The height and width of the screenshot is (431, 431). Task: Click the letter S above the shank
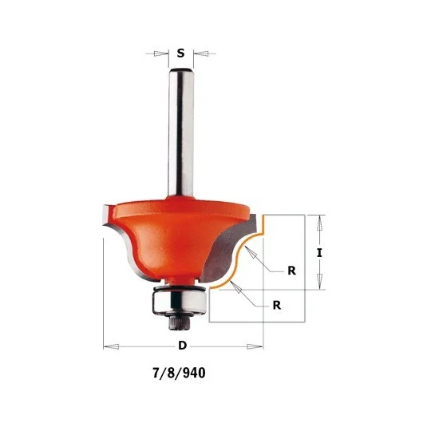tap(180, 53)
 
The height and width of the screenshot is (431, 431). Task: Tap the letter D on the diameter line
tap(183, 346)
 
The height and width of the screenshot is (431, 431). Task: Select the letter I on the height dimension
tap(319, 253)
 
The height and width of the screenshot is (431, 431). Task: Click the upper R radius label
tap(291, 271)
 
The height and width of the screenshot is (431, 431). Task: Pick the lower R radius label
tap(277, 306)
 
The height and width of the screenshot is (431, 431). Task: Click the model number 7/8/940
tap(179, 373)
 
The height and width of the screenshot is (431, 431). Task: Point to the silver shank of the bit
tap(181, 132)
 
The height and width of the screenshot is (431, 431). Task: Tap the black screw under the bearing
tap(179, 322)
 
